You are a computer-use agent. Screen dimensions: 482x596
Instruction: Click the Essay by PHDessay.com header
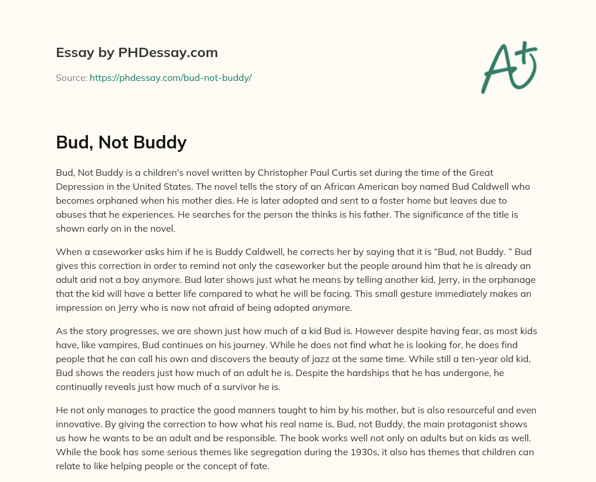pyautogui.click(x=137, y=53)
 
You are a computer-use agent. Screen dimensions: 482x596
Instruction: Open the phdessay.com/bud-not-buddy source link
pyautogui.click(x=171, y=77)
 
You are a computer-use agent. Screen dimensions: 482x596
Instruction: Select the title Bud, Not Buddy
pyautogui.click(x=121, y=142)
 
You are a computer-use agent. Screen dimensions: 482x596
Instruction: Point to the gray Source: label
pyautogui.click(x=71, y=77)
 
